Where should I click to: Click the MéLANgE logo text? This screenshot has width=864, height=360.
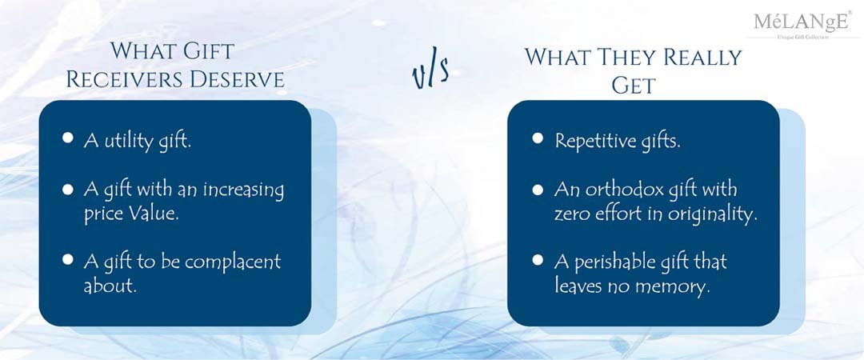[x=801, y=22]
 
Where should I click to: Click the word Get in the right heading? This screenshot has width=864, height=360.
[x=634, y=86]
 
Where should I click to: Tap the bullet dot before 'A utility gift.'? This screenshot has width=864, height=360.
[x=68, y=138]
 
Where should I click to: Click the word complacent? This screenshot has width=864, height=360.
[x=233, y=262]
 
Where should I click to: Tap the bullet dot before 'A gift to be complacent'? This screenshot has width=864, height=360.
[x=68, y=258]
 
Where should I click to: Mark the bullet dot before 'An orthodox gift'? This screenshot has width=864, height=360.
[x=538, y=190]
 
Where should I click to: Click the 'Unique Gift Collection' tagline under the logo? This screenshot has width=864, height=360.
[x=802, y=37]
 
